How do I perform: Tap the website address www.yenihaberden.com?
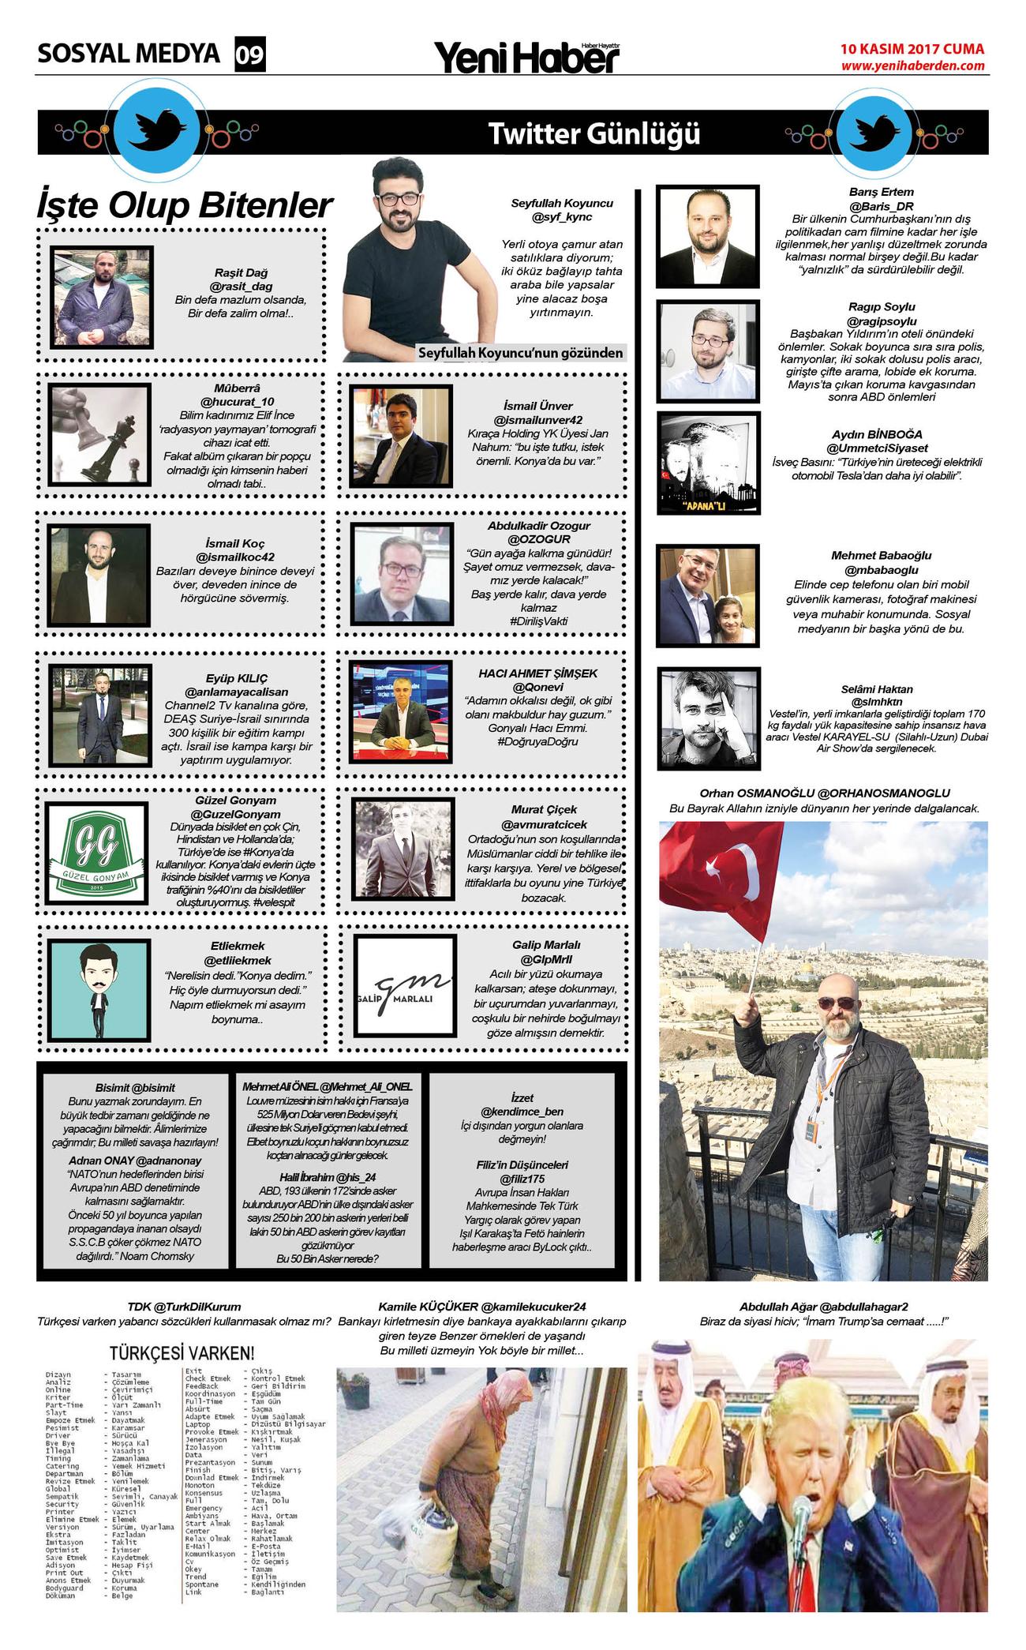pos(912,66)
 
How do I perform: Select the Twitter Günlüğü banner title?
pos(594,134)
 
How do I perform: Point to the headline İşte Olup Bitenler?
pos(185,206)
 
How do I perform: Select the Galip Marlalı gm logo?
pos(404,987)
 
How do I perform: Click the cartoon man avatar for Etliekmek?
pos(97,988)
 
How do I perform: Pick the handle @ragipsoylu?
pos(881,321)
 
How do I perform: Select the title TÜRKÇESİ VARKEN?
pos(182,1352)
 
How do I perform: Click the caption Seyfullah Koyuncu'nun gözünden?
pos(522,353)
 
